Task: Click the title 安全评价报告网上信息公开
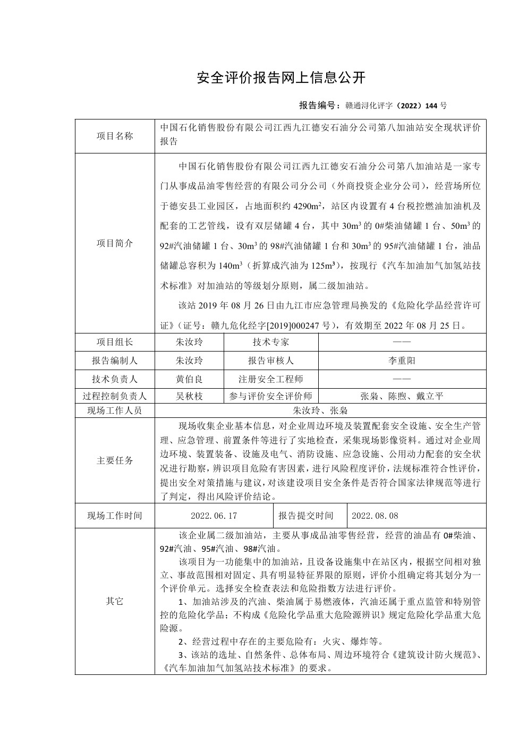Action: [x=281, y=78]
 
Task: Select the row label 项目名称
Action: [x=115, y=136]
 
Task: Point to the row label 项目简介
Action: [x=115, y=243]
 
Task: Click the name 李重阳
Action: [x=402, y=361]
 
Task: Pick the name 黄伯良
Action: [x=189, y=379]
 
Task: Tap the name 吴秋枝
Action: [x=189, y=396]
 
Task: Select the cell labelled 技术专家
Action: [x=271, y=342]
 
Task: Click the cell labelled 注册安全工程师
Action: [x=271, y=379]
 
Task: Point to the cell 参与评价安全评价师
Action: [x=271, y=396]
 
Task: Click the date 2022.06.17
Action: [x=214, y=516]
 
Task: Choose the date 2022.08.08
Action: [x=375, y=516]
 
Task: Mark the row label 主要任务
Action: [x=115, y=460]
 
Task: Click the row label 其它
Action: [x=115, y=601]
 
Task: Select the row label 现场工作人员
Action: [x=115, y=410]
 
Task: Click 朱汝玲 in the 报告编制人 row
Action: [x=189, y=361]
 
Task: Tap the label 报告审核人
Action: [x=271, y=361]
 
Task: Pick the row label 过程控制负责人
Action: [x=115, y=396]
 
